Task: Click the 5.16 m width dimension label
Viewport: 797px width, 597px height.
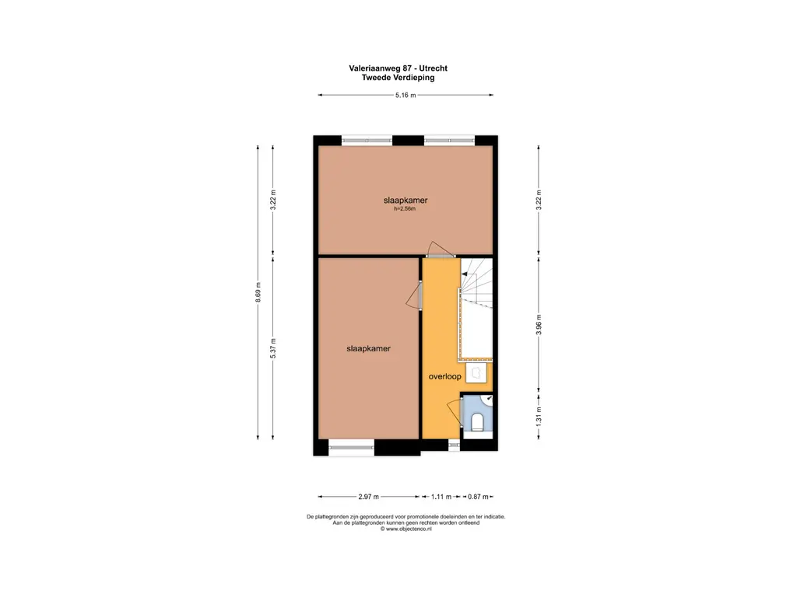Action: click(406, 95)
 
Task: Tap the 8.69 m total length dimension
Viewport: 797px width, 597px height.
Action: click(258, 292)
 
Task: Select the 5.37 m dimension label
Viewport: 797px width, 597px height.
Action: click(273, 348)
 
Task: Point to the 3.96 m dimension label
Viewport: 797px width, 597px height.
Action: click(539, 324)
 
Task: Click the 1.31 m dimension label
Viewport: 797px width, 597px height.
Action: click(539, 417)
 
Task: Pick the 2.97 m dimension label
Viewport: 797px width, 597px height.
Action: click(368, 497)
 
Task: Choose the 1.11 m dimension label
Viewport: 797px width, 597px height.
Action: click(441, 497)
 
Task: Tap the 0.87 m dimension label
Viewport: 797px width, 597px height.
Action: click(478, 497)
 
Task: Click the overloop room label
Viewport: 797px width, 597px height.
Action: click(444, 376)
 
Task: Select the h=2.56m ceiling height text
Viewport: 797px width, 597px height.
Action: click(405, 208)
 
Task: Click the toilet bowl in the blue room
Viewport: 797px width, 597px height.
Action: click(477, 422)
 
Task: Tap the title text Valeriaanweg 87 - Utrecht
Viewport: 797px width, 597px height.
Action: click(398, 68)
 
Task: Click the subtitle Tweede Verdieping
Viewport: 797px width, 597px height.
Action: click(398, 78)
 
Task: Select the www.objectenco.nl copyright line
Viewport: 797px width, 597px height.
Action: click(406, 529)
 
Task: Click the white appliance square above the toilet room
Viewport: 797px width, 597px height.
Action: click(477, 373)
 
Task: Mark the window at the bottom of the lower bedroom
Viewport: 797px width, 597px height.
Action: click(351, 447)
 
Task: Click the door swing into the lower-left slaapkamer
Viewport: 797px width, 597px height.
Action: click(414, 296)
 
